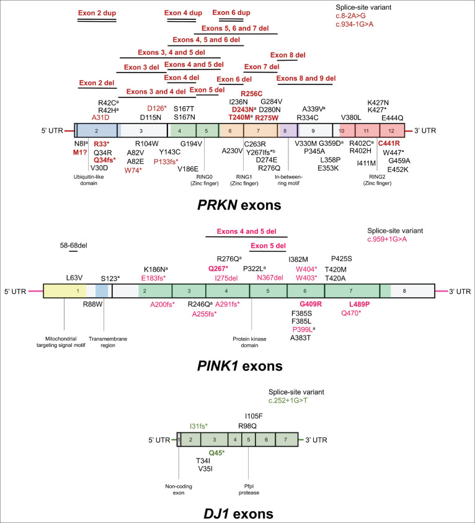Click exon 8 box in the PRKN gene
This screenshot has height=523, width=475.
pos(286,130)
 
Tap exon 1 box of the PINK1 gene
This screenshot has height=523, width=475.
pos(65,290)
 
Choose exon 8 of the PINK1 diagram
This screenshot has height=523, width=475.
pos(412,290)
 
